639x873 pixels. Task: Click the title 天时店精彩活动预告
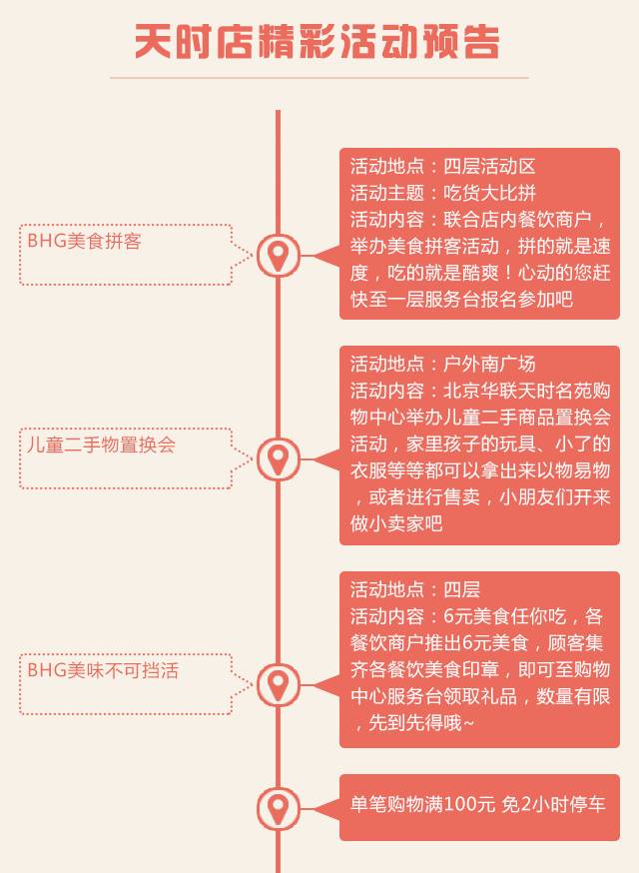click(x=318, y=42)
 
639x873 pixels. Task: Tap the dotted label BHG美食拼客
click(x=84, y=242)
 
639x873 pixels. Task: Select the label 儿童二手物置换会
click(x=101, y=444)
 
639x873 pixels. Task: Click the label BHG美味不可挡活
click(x=103, y=670)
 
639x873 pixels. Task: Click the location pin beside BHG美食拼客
click(x=278, y=256)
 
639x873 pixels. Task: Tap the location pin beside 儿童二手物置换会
click(x=278, y=458)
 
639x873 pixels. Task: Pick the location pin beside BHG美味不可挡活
click(x=278, y=684)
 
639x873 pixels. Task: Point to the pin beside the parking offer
click(x=278, y=807)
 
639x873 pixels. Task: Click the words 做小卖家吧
click(x=396, y=523)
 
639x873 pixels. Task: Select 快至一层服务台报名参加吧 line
click(x=461, y=298)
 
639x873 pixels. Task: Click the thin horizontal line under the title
click(x=319, y=77)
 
